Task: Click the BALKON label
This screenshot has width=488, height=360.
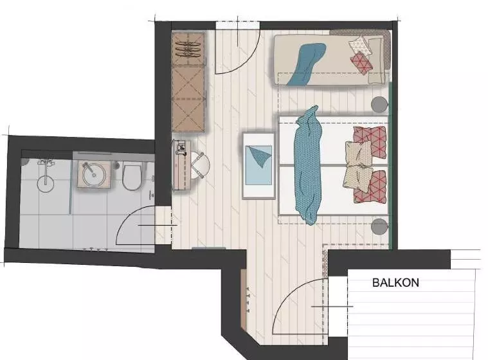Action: pos(395,282)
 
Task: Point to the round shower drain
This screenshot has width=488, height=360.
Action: pos(46,184)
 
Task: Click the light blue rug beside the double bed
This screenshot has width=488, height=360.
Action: pos(258,165)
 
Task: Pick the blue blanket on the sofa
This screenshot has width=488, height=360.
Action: pos(306,64)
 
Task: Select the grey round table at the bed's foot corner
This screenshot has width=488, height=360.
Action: pos(380,226)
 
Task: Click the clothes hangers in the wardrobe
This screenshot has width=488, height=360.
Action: pos(187,49)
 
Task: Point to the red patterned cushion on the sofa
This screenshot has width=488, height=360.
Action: pos(361,63)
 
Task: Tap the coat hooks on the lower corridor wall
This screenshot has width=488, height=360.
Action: pos(248,300)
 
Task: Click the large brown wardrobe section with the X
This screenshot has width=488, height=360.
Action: pos(188,99)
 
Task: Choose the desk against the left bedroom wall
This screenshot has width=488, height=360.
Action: pos(182,165)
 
